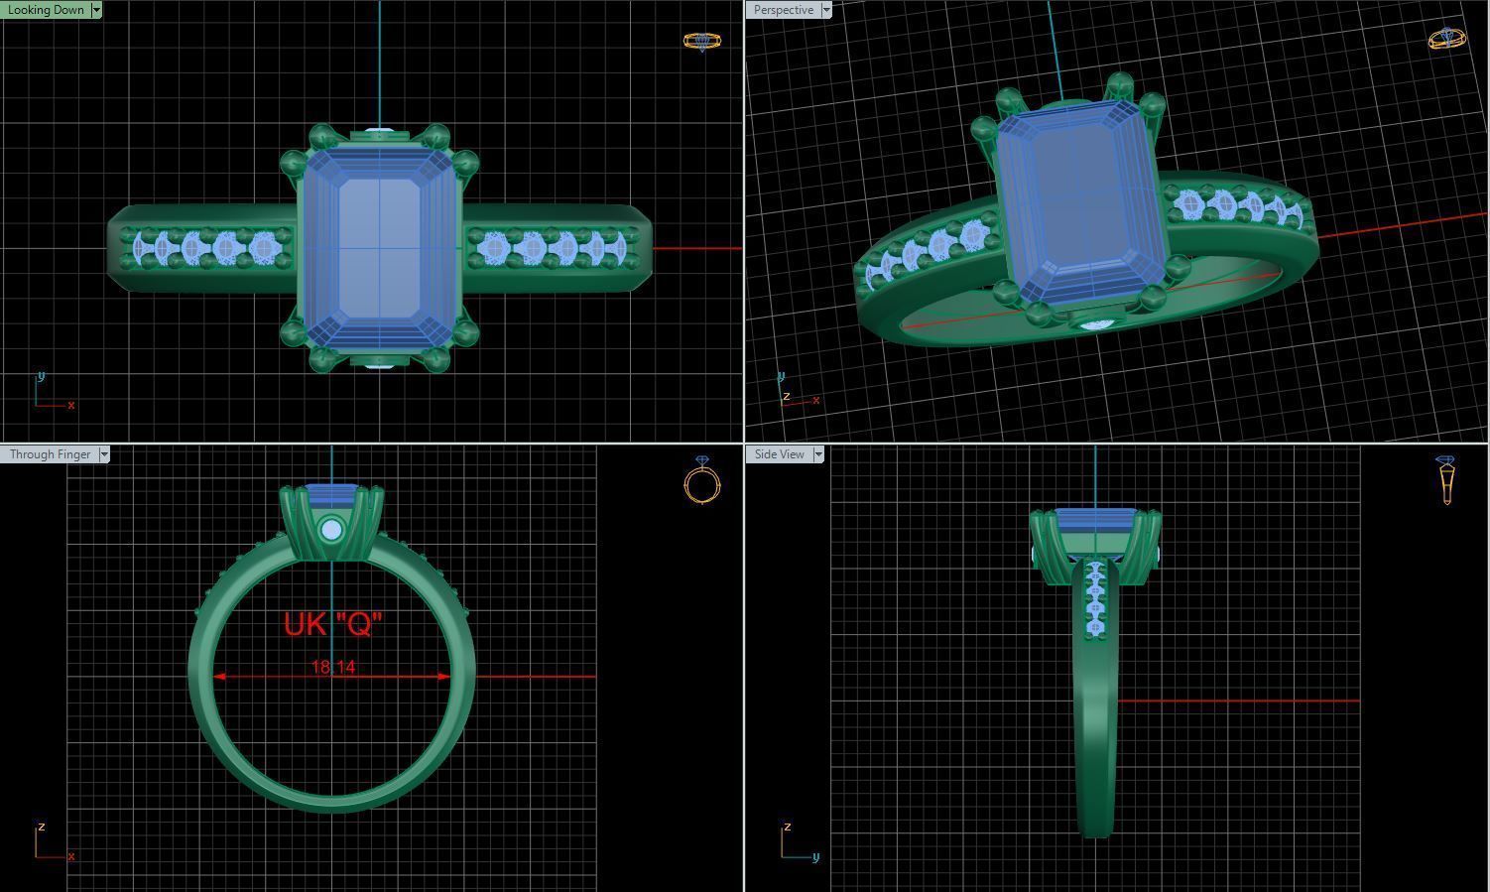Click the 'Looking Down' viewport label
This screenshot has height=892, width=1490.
(x=46, y=10)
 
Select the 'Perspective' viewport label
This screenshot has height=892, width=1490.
(x=783, y=10)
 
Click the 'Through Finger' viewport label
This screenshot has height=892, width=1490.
(x=50, y=454)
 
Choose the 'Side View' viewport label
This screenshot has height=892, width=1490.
(x=779, y=454)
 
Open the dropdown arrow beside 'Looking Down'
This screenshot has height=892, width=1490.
(x=96, y=10)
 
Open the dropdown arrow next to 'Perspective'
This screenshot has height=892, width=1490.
(x=825, y=10)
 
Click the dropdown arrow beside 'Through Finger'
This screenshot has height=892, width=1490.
(x=103, y=454)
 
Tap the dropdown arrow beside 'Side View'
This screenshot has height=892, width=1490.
(x=818, y=454)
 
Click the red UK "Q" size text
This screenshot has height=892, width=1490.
(x=332, y=624)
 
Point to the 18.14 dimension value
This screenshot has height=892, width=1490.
(x=332, y=667)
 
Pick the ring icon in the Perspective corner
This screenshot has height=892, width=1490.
(x=1446, y=39)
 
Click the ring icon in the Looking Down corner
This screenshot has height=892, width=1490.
(x=702, y=41)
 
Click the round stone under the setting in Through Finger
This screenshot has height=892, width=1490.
(x=331, y=531)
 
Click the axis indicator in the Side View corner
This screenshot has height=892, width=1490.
(x=797, y=843)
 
